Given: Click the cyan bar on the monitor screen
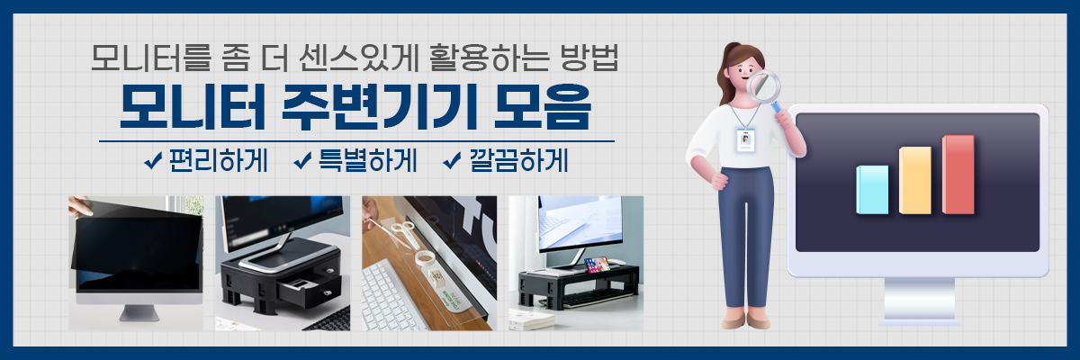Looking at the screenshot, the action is [872, 190].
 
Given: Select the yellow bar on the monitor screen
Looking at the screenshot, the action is [915, 180].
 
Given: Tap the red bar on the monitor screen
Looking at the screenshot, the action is [958, 175].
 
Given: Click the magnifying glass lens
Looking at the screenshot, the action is [763, 86].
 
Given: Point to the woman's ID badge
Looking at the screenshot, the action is [745, 139].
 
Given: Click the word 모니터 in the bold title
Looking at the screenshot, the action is [193, 107].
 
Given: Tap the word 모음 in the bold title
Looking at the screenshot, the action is [543, 107].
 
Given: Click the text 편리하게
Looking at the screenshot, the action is [219, 160].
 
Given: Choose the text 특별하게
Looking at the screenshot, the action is [368, 160].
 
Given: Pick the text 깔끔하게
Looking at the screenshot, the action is [518, 160].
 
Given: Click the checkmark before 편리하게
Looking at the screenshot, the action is [153, 161].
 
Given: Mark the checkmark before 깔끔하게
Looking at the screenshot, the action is [452, 161].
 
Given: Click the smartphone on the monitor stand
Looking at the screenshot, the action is [597, 265].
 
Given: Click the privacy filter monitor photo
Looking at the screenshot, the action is [136, 263].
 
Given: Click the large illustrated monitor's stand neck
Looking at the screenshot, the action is [919, 298].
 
